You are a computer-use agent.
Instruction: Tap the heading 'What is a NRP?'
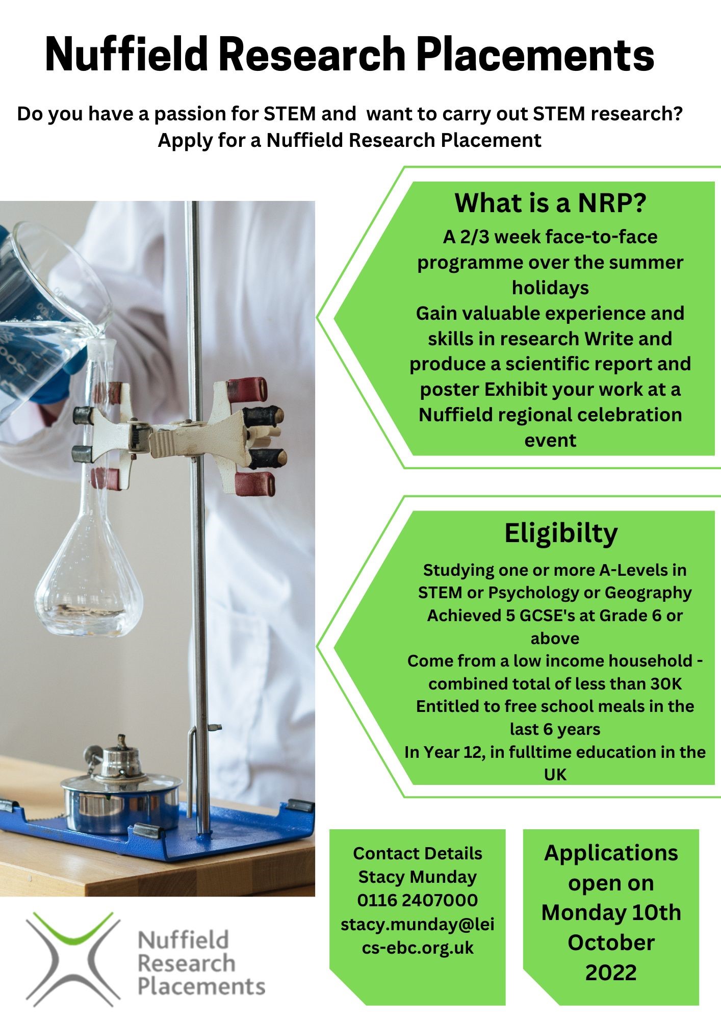[550, 203]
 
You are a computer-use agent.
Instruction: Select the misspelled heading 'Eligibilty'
[561, 533]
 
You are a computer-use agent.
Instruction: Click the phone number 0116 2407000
[417, 900]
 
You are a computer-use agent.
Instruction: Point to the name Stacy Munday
[417, 877]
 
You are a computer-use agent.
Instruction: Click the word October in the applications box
[611, 942]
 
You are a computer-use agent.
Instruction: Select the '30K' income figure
[666, 683]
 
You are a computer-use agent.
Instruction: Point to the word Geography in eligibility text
[648, 593]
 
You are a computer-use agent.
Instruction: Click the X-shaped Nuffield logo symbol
[73, 959]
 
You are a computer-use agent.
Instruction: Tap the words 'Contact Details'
[417, 853]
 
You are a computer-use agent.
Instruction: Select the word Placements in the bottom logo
[201, 987]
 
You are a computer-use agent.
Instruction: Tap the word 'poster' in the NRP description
[449, 390]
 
